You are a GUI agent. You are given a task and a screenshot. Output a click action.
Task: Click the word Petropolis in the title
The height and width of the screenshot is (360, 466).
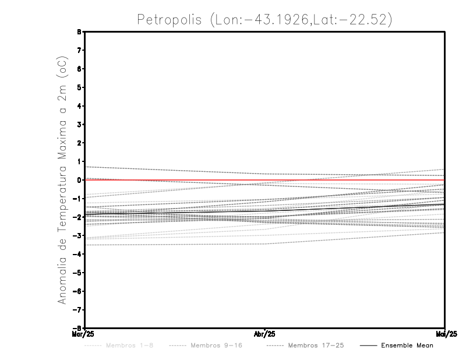click(x=170, y=19)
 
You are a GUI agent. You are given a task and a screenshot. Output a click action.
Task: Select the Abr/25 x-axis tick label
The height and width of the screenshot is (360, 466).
click(x=265, y=334)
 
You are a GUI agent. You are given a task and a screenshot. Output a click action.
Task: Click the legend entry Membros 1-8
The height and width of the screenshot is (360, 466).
click(x=129, y=345)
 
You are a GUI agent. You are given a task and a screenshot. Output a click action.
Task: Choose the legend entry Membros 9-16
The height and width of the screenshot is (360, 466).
click(x=216, y=345)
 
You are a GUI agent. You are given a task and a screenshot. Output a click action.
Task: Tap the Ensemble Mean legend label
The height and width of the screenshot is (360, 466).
click(x=407, y=345)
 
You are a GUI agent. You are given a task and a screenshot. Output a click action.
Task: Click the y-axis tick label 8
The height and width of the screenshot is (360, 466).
click(x=79, y=31)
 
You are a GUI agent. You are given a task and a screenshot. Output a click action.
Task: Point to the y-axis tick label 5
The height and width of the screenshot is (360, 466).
click(x=79, y=87)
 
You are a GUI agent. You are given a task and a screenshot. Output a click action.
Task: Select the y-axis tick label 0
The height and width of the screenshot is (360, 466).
click(x=79, y=180)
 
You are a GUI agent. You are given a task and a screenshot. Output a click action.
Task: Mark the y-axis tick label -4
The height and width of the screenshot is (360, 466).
click(x=77, y=254)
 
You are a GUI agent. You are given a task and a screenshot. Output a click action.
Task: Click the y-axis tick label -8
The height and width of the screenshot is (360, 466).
click(x=77, y=328)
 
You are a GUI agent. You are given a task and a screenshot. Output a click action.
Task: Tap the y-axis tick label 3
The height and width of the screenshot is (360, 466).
click(x=79, y=124)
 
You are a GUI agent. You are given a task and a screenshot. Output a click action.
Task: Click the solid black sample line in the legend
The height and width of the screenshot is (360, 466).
click(x=368, y=345)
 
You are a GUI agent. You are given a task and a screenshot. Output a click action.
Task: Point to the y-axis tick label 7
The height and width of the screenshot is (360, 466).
click(x=79, y=50)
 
